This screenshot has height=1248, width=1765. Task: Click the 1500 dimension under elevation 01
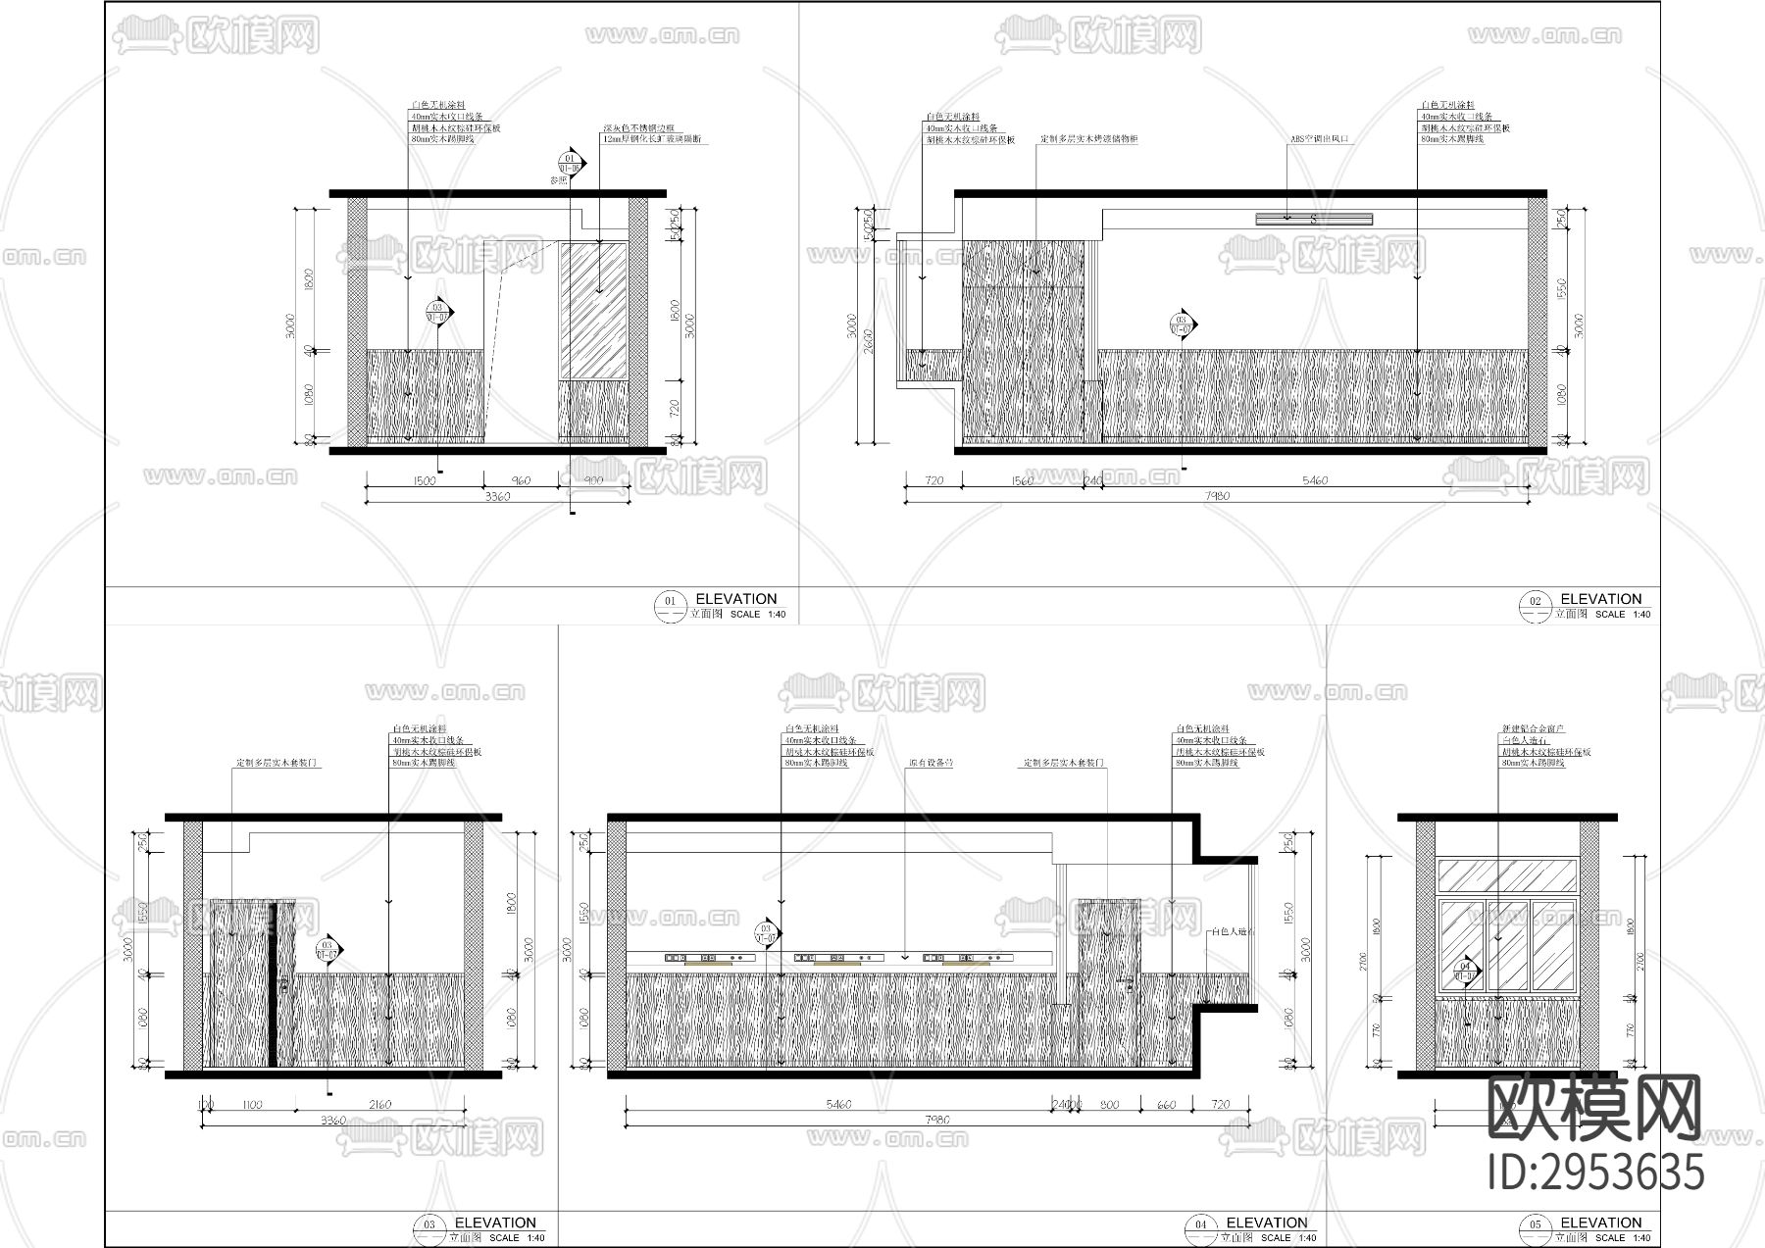(x=424, y=480)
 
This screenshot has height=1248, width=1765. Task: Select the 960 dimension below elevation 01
(x=521, y=480)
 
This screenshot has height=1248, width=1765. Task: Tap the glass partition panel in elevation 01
(x=593, y=311)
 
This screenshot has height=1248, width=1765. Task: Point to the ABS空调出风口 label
(x=1319, y=139)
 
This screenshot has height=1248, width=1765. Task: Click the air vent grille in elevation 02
(x=1313, y=219)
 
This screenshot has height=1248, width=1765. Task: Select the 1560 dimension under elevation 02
(x=1022, y=480)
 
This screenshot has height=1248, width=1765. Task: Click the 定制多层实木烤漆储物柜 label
(x=1088, y=139)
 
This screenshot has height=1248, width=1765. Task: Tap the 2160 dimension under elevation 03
(x=379, y=1105)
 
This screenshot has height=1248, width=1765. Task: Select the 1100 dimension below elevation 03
(x=252, y=1105)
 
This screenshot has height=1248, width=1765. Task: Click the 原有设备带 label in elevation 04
(x=931, y=763)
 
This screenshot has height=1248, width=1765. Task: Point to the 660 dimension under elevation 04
(x=1166, y=1105)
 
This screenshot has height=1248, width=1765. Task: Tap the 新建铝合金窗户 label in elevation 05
(x=1533, y=729)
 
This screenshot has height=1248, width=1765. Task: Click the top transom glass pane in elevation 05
(x=1505, y=875)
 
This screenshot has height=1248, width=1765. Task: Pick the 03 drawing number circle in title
(x=429, y=1224)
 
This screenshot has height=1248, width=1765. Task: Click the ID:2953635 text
(x=1595, y=1173)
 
